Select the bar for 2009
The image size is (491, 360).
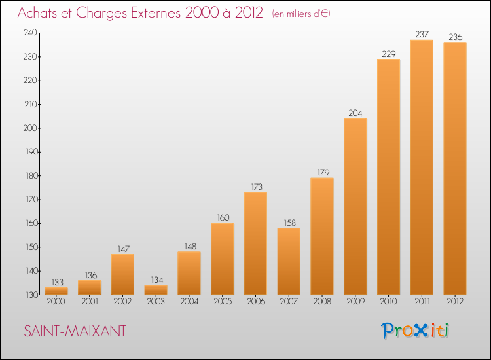pos(355,206)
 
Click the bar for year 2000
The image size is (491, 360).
pos(56,291)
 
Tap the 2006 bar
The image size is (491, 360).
pos(255,243)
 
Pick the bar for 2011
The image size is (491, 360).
pos(422,167)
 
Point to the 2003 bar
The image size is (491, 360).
pos(156,289)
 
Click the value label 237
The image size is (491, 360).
pos(422,34)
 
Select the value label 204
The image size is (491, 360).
pos(355,113)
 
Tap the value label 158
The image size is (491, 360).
pos(289,223)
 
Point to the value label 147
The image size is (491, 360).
pos(123,249)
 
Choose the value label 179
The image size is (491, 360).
pos(323,172)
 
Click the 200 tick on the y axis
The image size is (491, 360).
pos(30,128)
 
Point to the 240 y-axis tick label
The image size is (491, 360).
pos(30,33)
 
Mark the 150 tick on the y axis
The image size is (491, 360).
pos(31,247)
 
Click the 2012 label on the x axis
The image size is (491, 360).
pos(455,301)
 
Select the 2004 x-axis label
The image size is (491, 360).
pos(189,301)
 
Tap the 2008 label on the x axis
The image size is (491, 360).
pos(322,301)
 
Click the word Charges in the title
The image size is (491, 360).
pos(101,14)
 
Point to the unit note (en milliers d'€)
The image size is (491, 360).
pos(301,14)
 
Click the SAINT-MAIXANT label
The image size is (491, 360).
pos(75,331)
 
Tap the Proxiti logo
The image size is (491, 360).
pos(415,331)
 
